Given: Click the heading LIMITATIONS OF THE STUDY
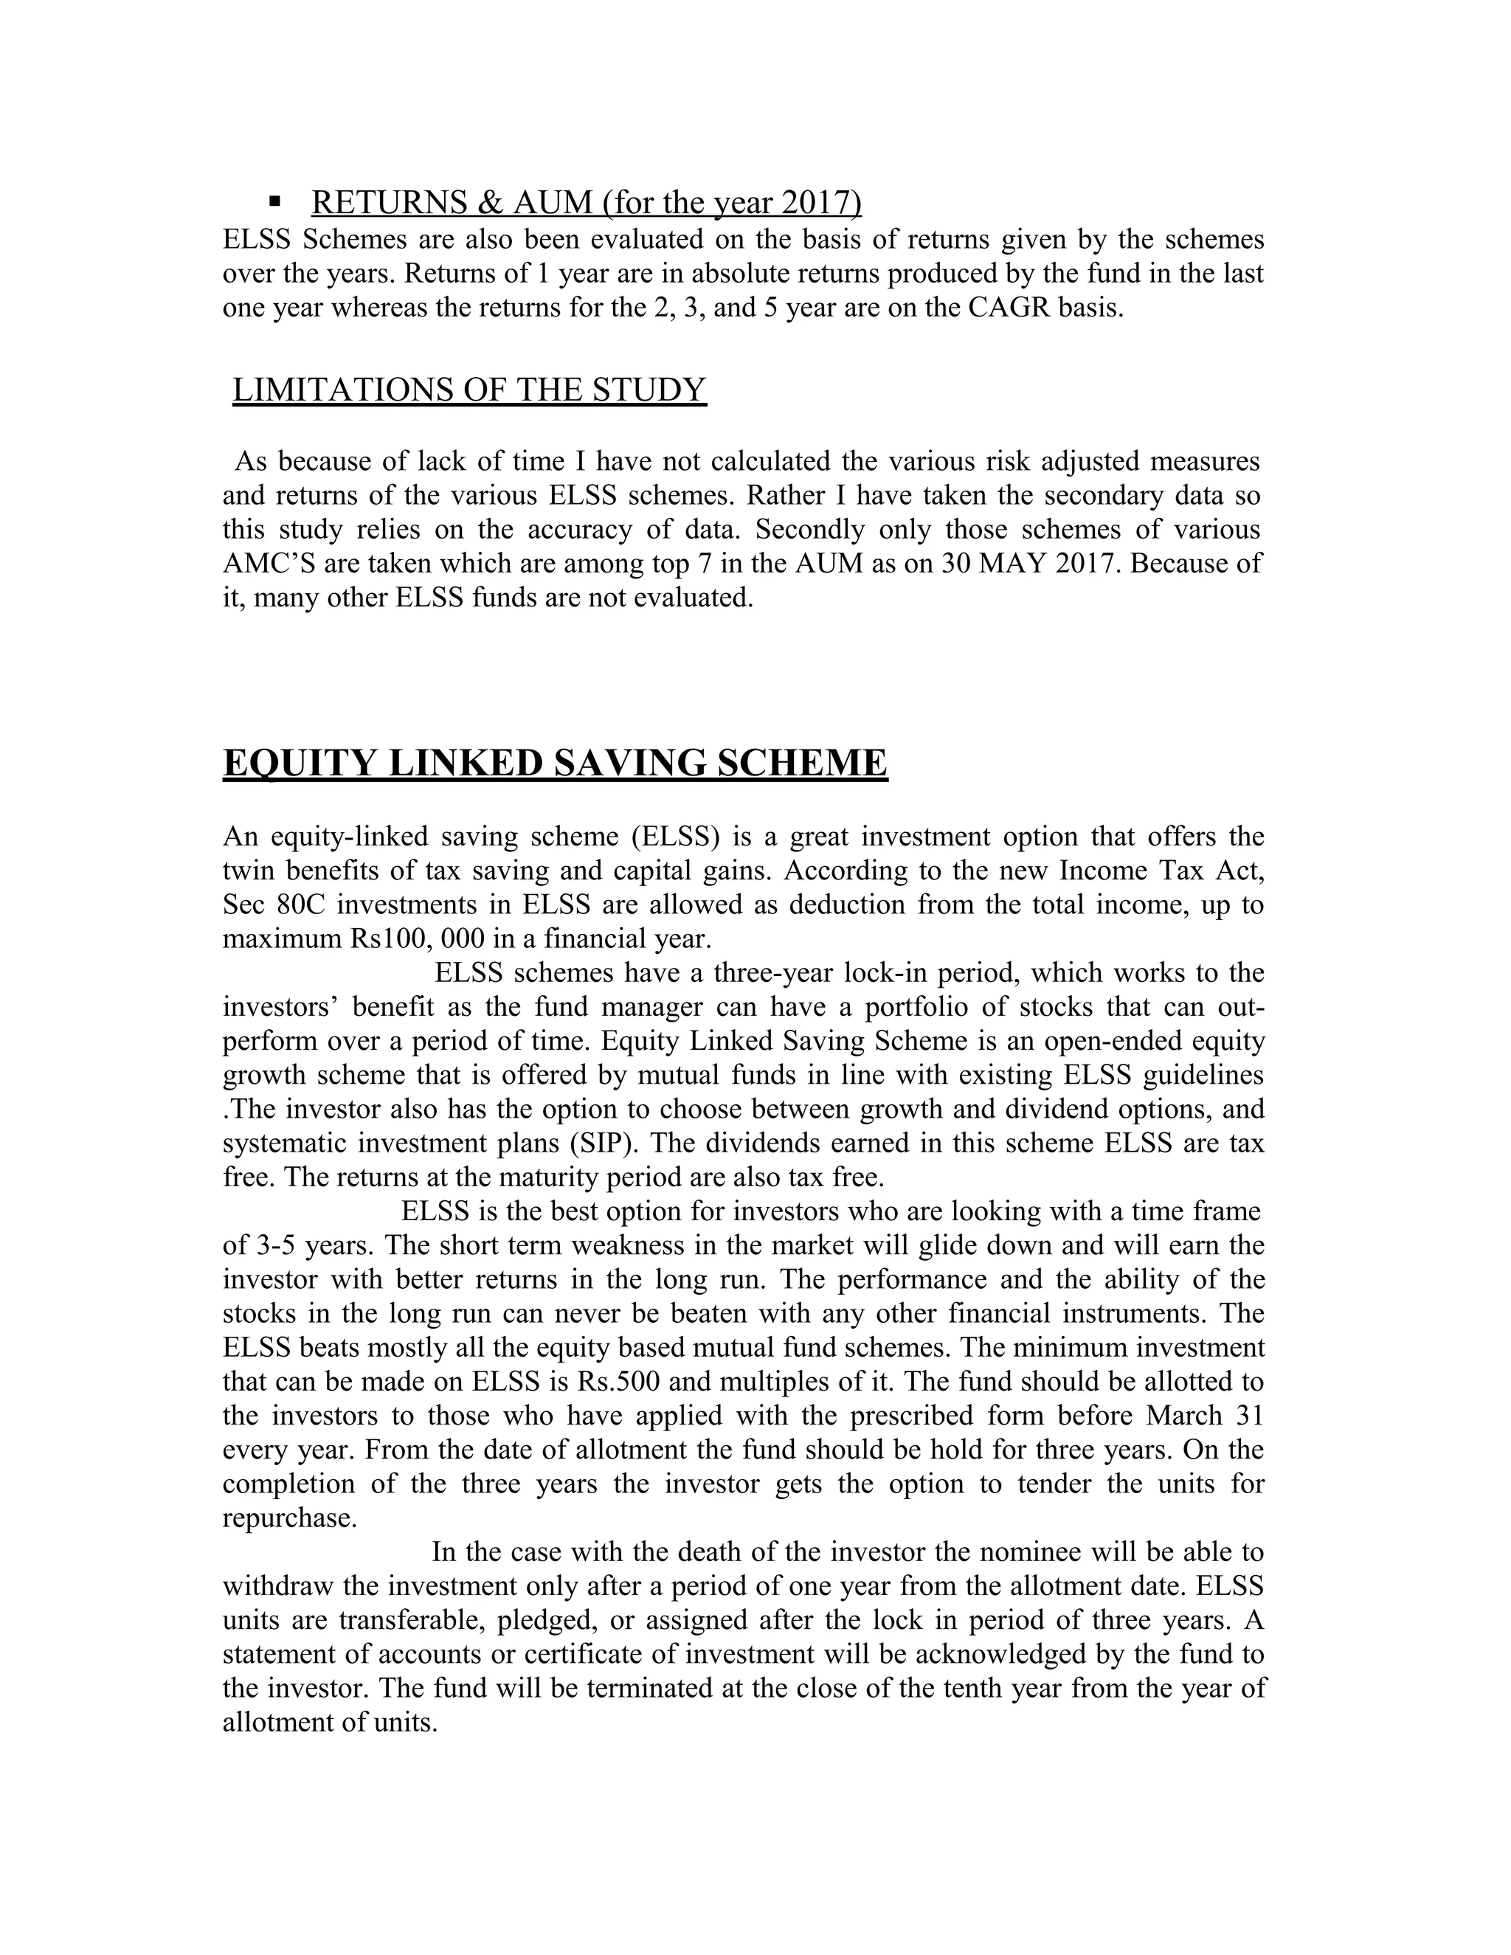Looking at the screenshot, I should coord(469,390).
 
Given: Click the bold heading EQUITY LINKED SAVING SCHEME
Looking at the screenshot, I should coord(554,763).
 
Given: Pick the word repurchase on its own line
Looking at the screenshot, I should coord(289,1518).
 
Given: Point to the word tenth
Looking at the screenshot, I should coord(1036,1688).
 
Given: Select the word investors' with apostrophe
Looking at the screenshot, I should coord(278,1007).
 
